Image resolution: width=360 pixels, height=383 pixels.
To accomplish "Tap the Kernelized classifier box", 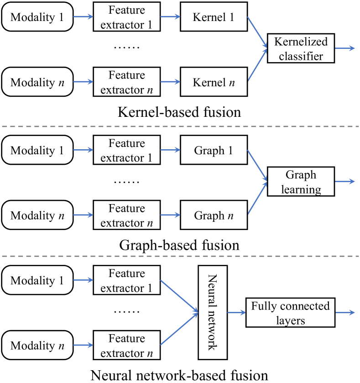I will (301, 49).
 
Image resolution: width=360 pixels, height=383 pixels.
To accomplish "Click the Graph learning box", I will (301, 182).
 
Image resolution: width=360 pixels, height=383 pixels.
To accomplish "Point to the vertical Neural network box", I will (213, 313).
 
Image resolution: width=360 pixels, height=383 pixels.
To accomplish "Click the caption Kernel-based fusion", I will (179, 112).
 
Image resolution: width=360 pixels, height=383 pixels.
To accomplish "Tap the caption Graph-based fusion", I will (179, 245).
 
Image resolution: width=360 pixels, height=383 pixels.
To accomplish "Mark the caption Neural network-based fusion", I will (179, 375).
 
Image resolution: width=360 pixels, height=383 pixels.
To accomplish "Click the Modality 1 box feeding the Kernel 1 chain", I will (37, 18).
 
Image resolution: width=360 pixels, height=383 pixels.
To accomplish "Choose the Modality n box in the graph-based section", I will (37, 215).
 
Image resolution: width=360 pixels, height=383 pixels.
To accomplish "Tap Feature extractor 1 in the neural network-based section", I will (127, 281).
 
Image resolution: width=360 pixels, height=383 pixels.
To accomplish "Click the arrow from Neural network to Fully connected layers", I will (236, 313).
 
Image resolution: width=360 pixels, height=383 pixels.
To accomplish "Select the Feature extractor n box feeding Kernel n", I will (127, 83).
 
